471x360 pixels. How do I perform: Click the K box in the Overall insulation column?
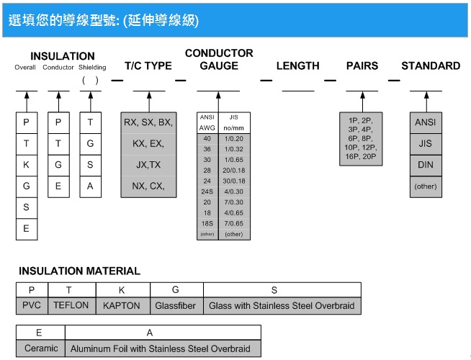[x=27, y=166]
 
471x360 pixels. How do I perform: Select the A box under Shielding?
[x=91, y=186]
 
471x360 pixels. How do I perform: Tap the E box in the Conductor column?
[x=58, y=186]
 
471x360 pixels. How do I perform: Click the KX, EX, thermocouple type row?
[x=148, y=144]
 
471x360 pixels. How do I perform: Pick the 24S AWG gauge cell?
[x=207, y=192]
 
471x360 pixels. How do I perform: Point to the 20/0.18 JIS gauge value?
[x=234, y=170]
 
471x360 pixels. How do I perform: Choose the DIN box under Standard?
[x=426, y=166]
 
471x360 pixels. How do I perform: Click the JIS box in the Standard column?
[x=426, y=144]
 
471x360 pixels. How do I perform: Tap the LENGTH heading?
[x=297, y=66]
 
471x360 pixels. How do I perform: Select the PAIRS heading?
[x=362, y=66]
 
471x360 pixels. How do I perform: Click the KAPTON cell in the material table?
[x=122, y=306]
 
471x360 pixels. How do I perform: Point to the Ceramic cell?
[x=41, y=348]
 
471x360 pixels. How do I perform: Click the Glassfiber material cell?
[x=176, y=306]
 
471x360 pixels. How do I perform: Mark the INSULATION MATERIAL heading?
[x=79, y=271]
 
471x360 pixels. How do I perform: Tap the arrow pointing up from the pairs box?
[x=362, y=102]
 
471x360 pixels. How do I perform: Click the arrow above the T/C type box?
[x=149, y=102]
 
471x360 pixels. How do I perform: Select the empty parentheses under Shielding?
[x=90, y=80]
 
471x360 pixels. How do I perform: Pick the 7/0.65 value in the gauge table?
[x=234, y=223]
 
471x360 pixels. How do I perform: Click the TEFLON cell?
[x=71, y=306]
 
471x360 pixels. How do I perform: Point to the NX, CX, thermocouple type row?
[x=148, y=186]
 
